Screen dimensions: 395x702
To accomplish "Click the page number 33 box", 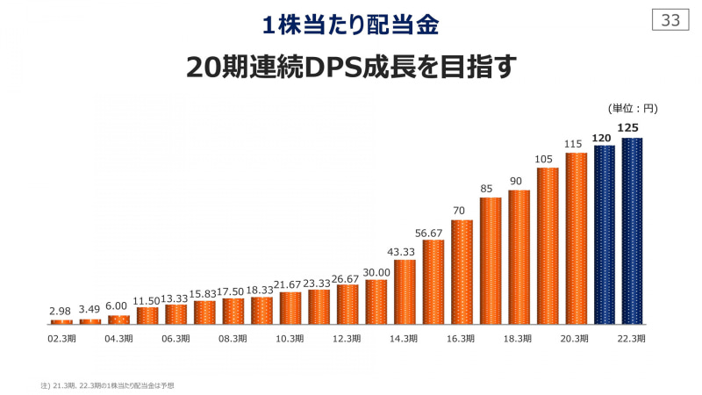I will [x=671, y=21].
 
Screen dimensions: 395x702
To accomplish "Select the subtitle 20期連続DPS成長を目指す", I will [x=351, y=68].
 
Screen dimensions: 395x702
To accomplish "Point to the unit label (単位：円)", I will [x=632, y=109].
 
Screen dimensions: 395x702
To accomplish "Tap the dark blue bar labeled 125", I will [x=633, y=230].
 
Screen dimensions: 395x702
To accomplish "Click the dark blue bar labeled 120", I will [x=605, y=234].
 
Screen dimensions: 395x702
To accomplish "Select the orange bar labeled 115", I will [x=577, y=238].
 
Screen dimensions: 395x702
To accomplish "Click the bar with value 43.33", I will [x=405, y=291].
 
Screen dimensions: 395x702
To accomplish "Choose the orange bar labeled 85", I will [x=491, y=261].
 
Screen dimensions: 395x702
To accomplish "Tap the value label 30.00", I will [x=376, y=271].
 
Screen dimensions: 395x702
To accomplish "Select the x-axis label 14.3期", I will [x=405, y=338].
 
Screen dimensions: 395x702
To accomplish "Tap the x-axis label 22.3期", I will [x=633, y=338].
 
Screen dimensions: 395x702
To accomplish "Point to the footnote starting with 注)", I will [x=107, y=384].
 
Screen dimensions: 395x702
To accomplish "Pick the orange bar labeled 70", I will [x=462, y=271].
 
